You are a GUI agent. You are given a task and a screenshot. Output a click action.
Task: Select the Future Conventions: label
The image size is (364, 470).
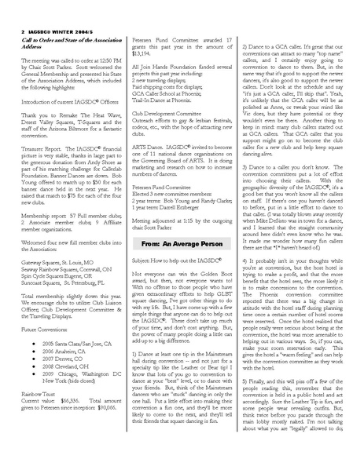click(x=43, y=330)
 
